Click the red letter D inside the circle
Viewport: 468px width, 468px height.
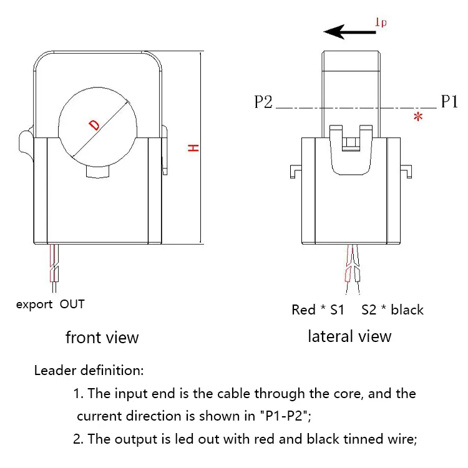tap(94, 124)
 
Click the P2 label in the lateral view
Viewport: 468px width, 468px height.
tap(263, 102)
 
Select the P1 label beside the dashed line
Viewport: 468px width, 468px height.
tap(449, 102)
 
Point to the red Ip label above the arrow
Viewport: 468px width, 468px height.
tap(380, 23)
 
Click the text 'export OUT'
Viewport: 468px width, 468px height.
tap(50, 305)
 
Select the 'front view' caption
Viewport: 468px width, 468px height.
tap(102, 338)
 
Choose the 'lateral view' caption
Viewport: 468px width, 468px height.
tap(349, 336)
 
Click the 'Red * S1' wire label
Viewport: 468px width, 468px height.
tap(318, 310)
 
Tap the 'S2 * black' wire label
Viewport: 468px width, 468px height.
tap(392, 310)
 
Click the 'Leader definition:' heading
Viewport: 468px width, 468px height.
tap(89, 371)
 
